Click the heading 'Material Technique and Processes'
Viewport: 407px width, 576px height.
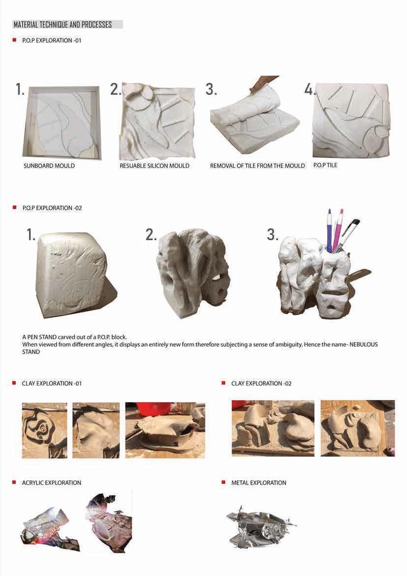click(x=63, y=25)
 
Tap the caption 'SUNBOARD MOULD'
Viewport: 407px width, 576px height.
click(x=49, y=166)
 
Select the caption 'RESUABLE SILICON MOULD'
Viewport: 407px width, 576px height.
click(x=155, y=166)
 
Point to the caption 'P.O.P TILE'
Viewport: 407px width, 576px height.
click(x=325, y=165)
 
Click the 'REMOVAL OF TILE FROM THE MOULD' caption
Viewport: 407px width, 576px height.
click(x=257, y=166)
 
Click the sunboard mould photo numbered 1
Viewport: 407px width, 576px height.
click(x=62, y=122)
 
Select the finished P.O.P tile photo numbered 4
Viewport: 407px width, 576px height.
click(x=350, y=121)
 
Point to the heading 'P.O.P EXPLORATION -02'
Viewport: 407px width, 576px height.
click(x=52, y=208)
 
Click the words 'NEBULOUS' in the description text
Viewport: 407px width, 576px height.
click(x=363, y=345)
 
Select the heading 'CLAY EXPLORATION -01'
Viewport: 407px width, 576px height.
click(x=52, y=384)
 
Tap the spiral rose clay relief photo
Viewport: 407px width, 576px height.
click(x=44, y=431)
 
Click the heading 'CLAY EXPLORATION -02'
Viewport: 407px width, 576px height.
click(x=261, y=384)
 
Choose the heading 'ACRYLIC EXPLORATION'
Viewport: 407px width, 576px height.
click(x=51, y=482)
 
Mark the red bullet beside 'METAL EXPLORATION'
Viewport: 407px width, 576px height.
click(x=223, y=482)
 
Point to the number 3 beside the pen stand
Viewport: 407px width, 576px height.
click(x=272, y=235)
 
